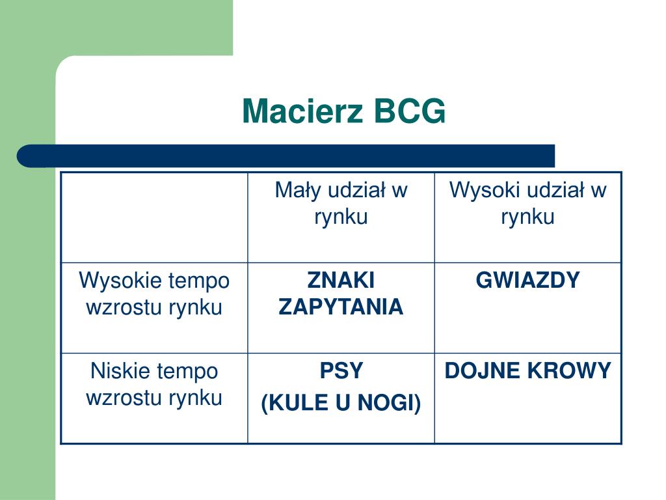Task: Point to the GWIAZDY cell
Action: click(527, 281)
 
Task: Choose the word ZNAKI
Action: click(341, 281)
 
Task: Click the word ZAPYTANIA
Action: click(341, 307)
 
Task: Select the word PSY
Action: click(341, 371)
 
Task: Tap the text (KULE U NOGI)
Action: click(341, 404)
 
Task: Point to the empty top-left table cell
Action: click(154, 217)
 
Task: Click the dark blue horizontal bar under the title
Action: click(286, 156)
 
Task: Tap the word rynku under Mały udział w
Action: click(341, 217)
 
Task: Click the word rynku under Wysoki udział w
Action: click(527, 217)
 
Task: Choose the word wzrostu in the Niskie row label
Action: click(126, 398)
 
